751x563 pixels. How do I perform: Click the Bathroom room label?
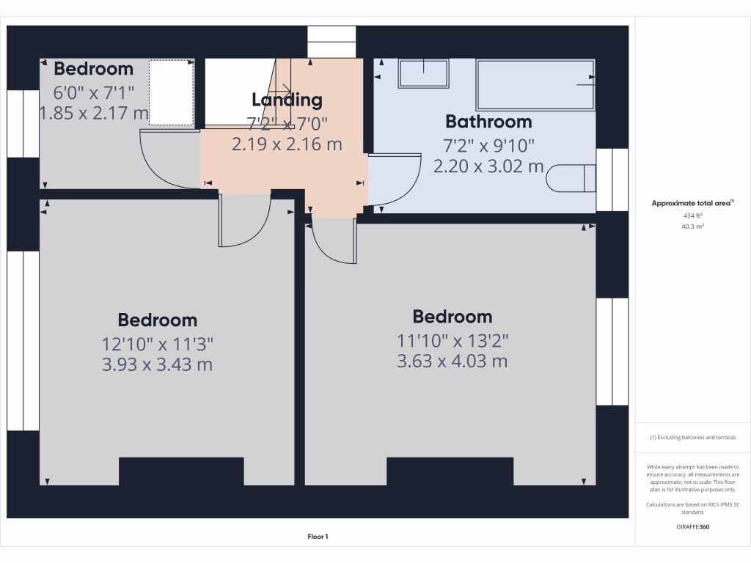pos(488,122)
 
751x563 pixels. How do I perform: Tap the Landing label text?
pos(287,100)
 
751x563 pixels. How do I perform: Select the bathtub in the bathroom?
pos(535,85)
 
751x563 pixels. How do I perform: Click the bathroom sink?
pos(423,73)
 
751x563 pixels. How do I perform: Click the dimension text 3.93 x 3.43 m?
pos(157,364)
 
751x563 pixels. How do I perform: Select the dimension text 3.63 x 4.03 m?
pos(452,361)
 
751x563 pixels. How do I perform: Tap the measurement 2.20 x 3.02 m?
pos(488,166)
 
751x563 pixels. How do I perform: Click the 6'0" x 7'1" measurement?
pos(93,92)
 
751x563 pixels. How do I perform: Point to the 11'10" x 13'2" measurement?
pos(453,340)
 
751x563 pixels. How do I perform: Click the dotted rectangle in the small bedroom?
pos(172,92)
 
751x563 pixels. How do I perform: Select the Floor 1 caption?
pos(318,537)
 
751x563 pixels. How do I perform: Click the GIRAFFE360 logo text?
pos(692,526)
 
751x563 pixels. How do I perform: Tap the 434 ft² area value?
pos(692,216)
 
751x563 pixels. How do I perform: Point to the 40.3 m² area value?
pos(692,227)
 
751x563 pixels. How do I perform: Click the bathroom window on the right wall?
pos(612,180)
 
